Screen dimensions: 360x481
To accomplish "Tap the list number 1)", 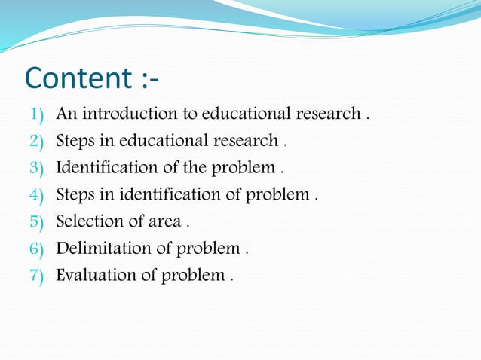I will (x=37, y=114).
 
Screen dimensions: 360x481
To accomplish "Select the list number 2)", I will (x=37, y=141).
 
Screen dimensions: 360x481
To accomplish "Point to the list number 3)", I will (x=37, y=167).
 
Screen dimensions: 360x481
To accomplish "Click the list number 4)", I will (x=37, y=195).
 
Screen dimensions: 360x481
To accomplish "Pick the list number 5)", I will (x=37, y=222).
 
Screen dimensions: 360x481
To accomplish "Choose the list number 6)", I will (x=37, y=249).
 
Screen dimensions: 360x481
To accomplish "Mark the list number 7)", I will (x=37, y=276).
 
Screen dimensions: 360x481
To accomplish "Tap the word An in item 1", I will (x=66, y=114).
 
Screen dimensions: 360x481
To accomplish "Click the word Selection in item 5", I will (x=87, y=221).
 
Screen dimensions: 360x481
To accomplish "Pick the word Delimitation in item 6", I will (x=102, y=249).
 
